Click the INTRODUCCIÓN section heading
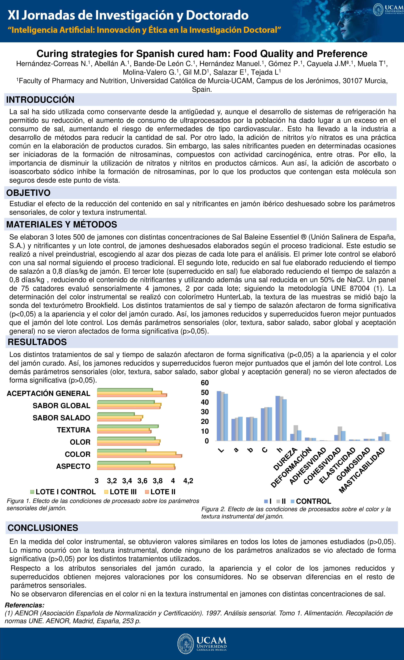coord(40,100)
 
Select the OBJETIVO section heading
coord(28,193)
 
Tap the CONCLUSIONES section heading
coord(43,528)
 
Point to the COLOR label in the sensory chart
coord(77,454)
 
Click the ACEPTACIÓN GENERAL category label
coord(49,393)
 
